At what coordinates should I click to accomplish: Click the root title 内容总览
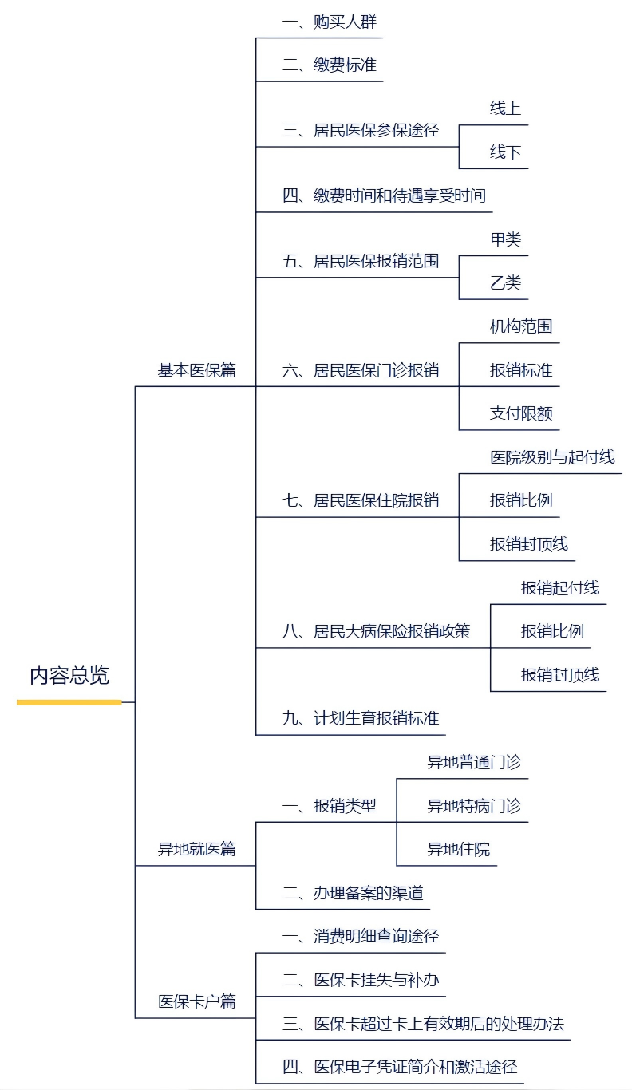click(x=69, y=675)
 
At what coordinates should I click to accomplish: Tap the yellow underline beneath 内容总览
click(x=69, y=702)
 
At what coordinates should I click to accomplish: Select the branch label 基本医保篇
click(x=196, y=370)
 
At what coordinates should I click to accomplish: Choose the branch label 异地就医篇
click(x=196, y=849)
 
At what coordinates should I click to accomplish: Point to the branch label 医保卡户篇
click(x=196, y=1001)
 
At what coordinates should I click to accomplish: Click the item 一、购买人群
click(x=329, y=22)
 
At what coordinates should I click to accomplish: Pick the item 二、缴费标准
click(x=329, y=65)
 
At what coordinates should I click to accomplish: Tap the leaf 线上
click(x=505, y=109)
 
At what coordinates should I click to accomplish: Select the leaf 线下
click(x=505, y=152)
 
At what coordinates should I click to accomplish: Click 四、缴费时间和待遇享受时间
click(x=384, y=195)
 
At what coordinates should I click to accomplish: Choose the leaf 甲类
click(x=505, y=239)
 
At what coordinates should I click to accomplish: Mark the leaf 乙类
click(x=505, y=283)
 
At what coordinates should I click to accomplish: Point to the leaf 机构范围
click(x=521, y=326)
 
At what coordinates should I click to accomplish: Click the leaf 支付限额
click(x=521, y=413)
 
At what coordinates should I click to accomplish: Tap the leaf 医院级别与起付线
click(x=552, y=457)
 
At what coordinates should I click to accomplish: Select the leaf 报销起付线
click(x=560, y=588)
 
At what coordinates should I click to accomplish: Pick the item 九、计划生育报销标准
click(x=361, y=718)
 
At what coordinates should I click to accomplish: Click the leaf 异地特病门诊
click(x=474, y=806)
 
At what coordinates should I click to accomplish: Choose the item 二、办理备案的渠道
click(x=353, y=893)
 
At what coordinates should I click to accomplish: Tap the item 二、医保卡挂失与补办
click(x=361, y=980)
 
